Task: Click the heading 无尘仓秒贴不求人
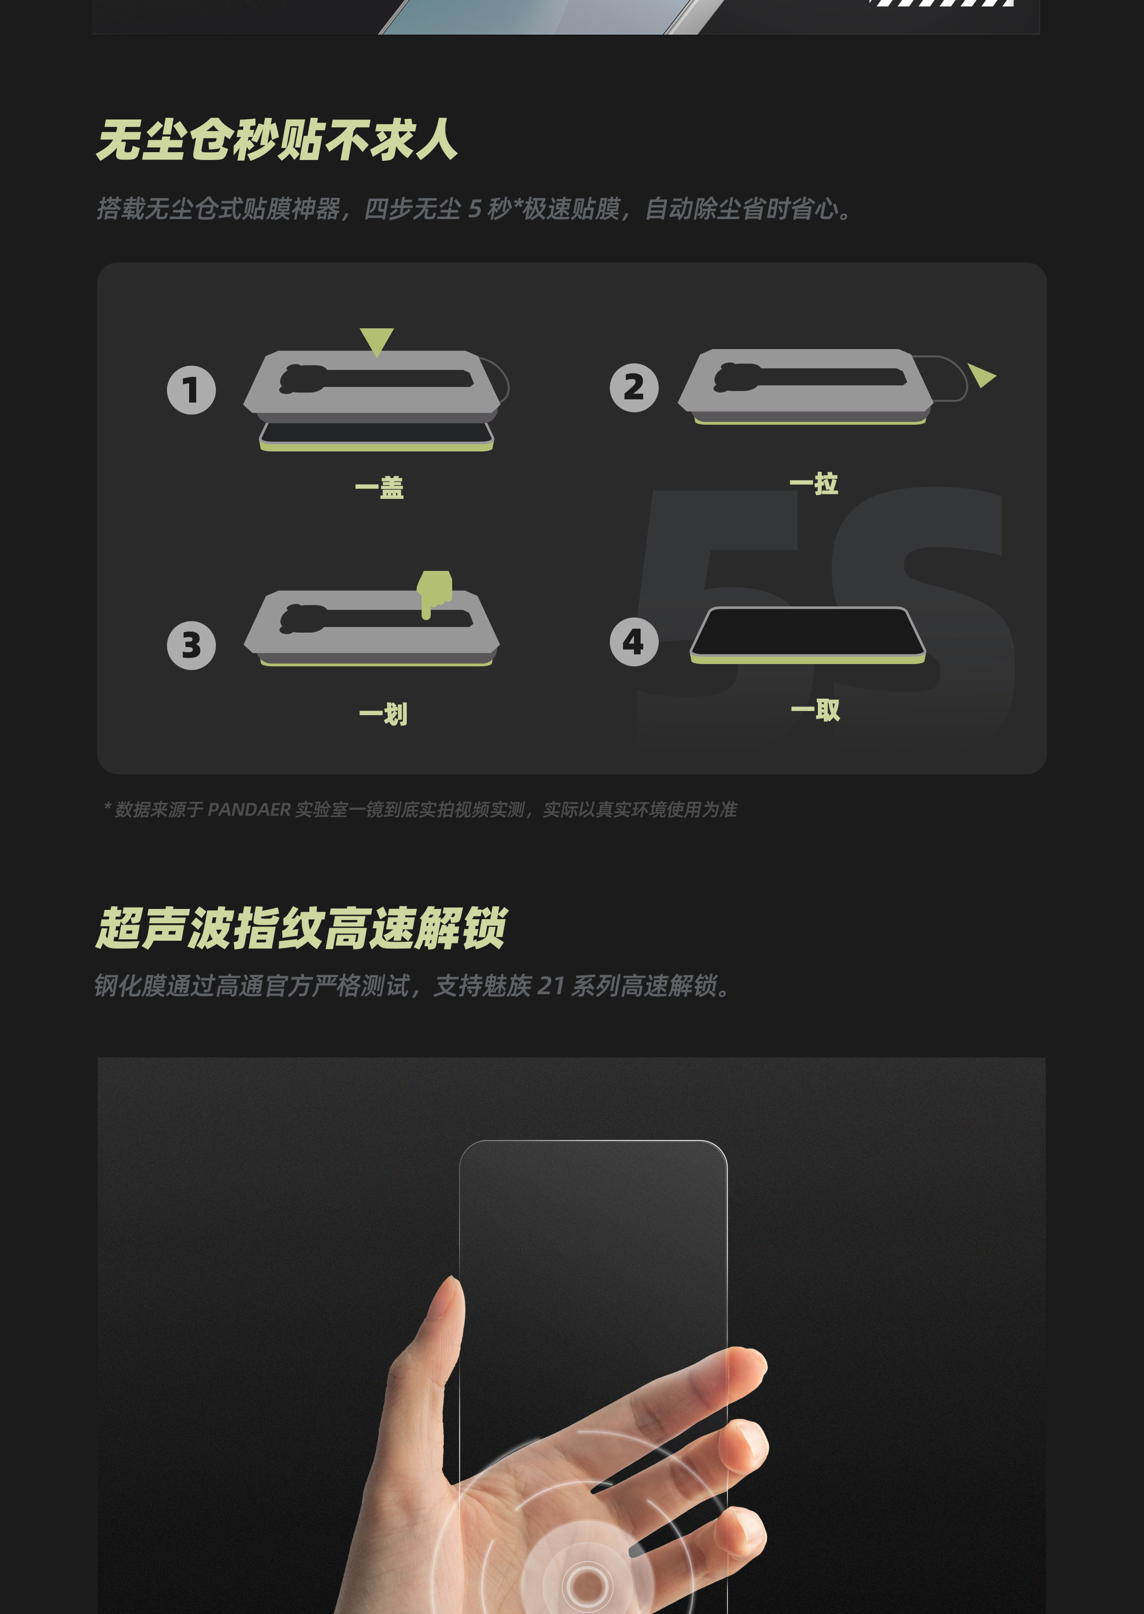coord(277,139)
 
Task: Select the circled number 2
coord(634,387)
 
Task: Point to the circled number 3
coord(191,645)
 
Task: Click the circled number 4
coord(634,641)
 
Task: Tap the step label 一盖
coord(380,487)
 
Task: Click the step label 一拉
coord(814,483)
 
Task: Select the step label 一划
coord(384,714)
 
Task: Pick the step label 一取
coord(816,710)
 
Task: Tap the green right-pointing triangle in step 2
coord(981,375)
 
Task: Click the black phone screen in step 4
coord(807,632)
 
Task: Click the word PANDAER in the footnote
coord(249,810)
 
